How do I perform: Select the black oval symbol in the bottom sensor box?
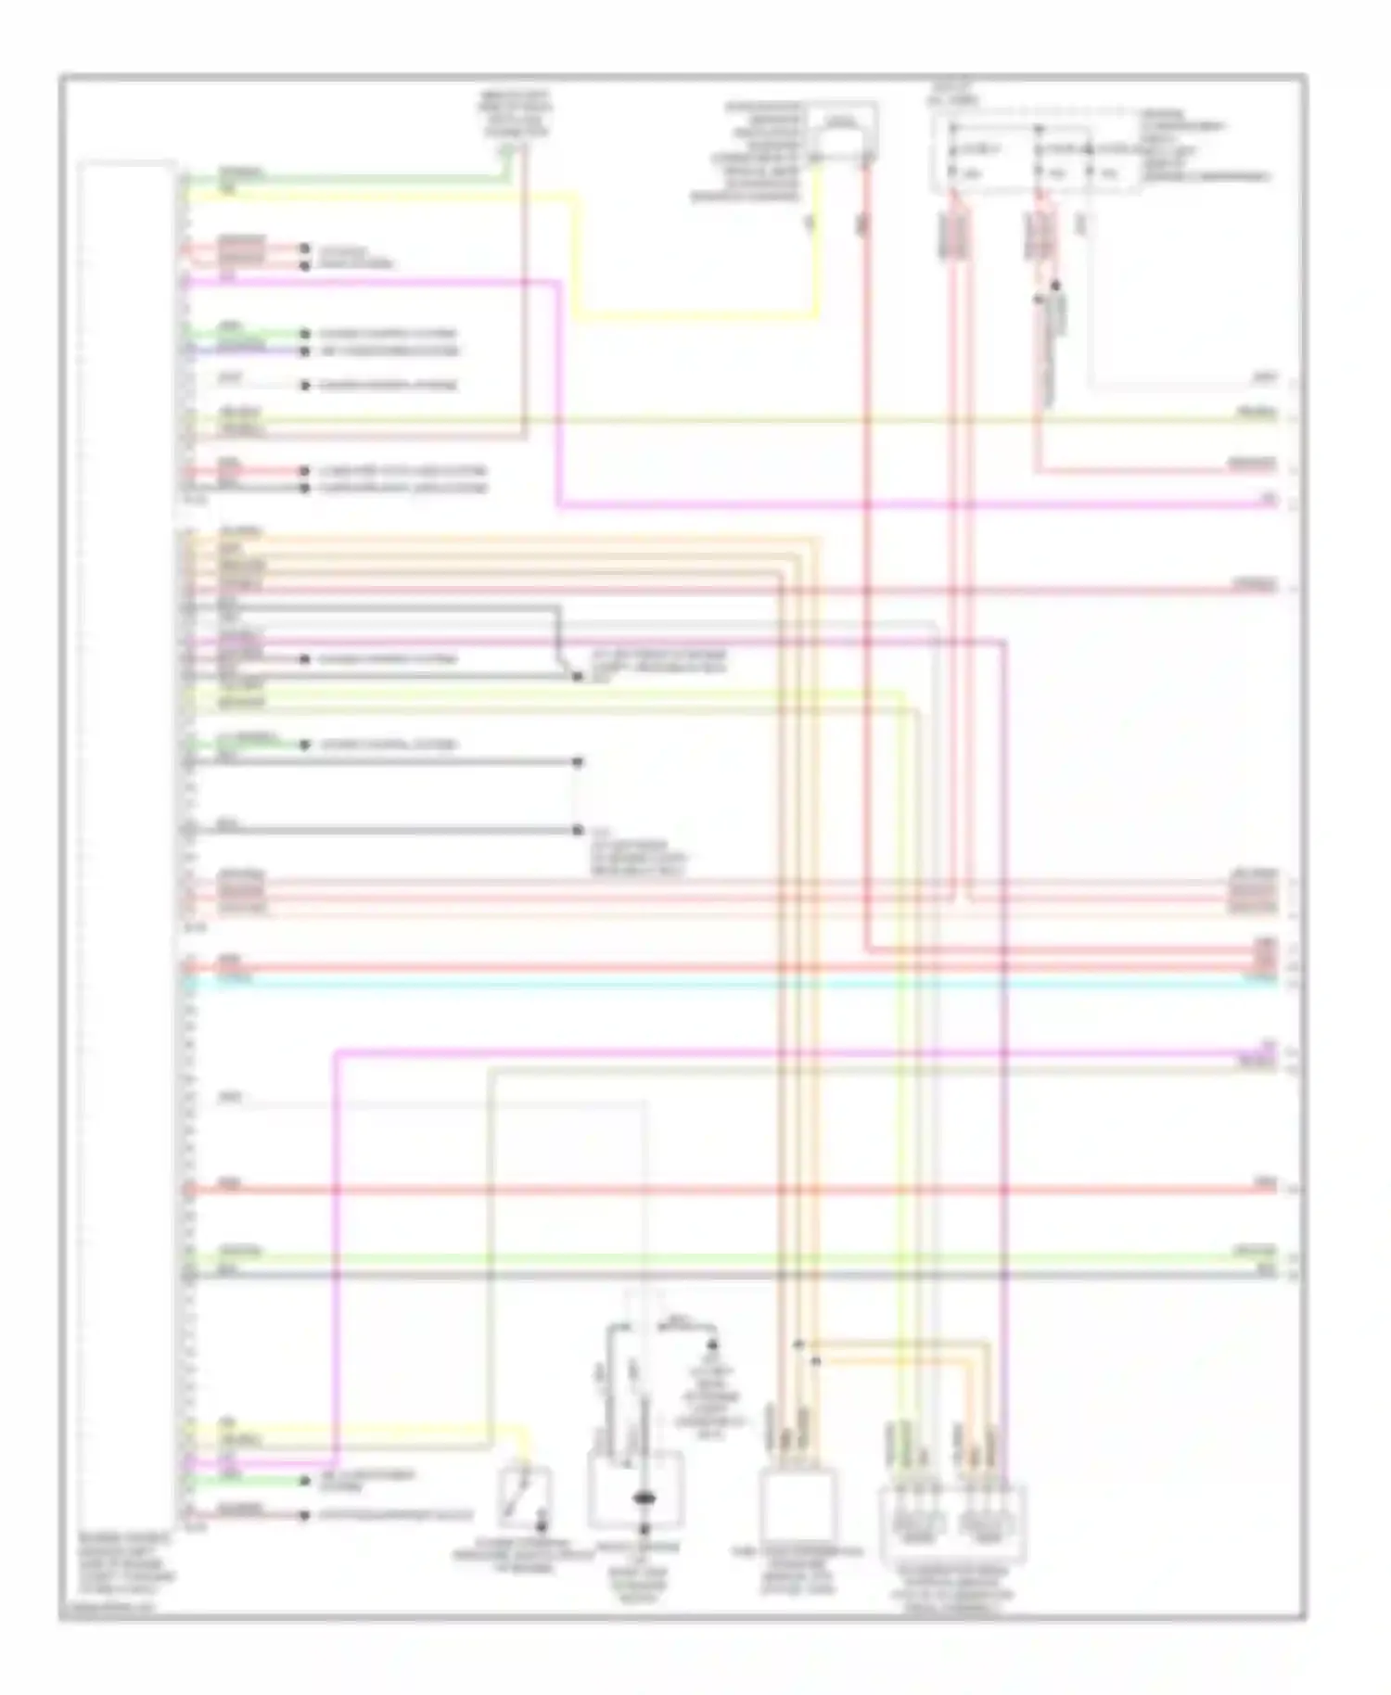click(643, 1498)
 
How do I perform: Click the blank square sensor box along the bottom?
click(798, 1507)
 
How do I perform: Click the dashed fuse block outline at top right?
click(1037, 159)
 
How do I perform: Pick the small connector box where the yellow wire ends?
click(841, 134)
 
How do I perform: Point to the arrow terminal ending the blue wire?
click(303, 351)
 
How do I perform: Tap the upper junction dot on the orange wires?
click(798, 1344)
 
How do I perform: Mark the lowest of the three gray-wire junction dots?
click(577, 830)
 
